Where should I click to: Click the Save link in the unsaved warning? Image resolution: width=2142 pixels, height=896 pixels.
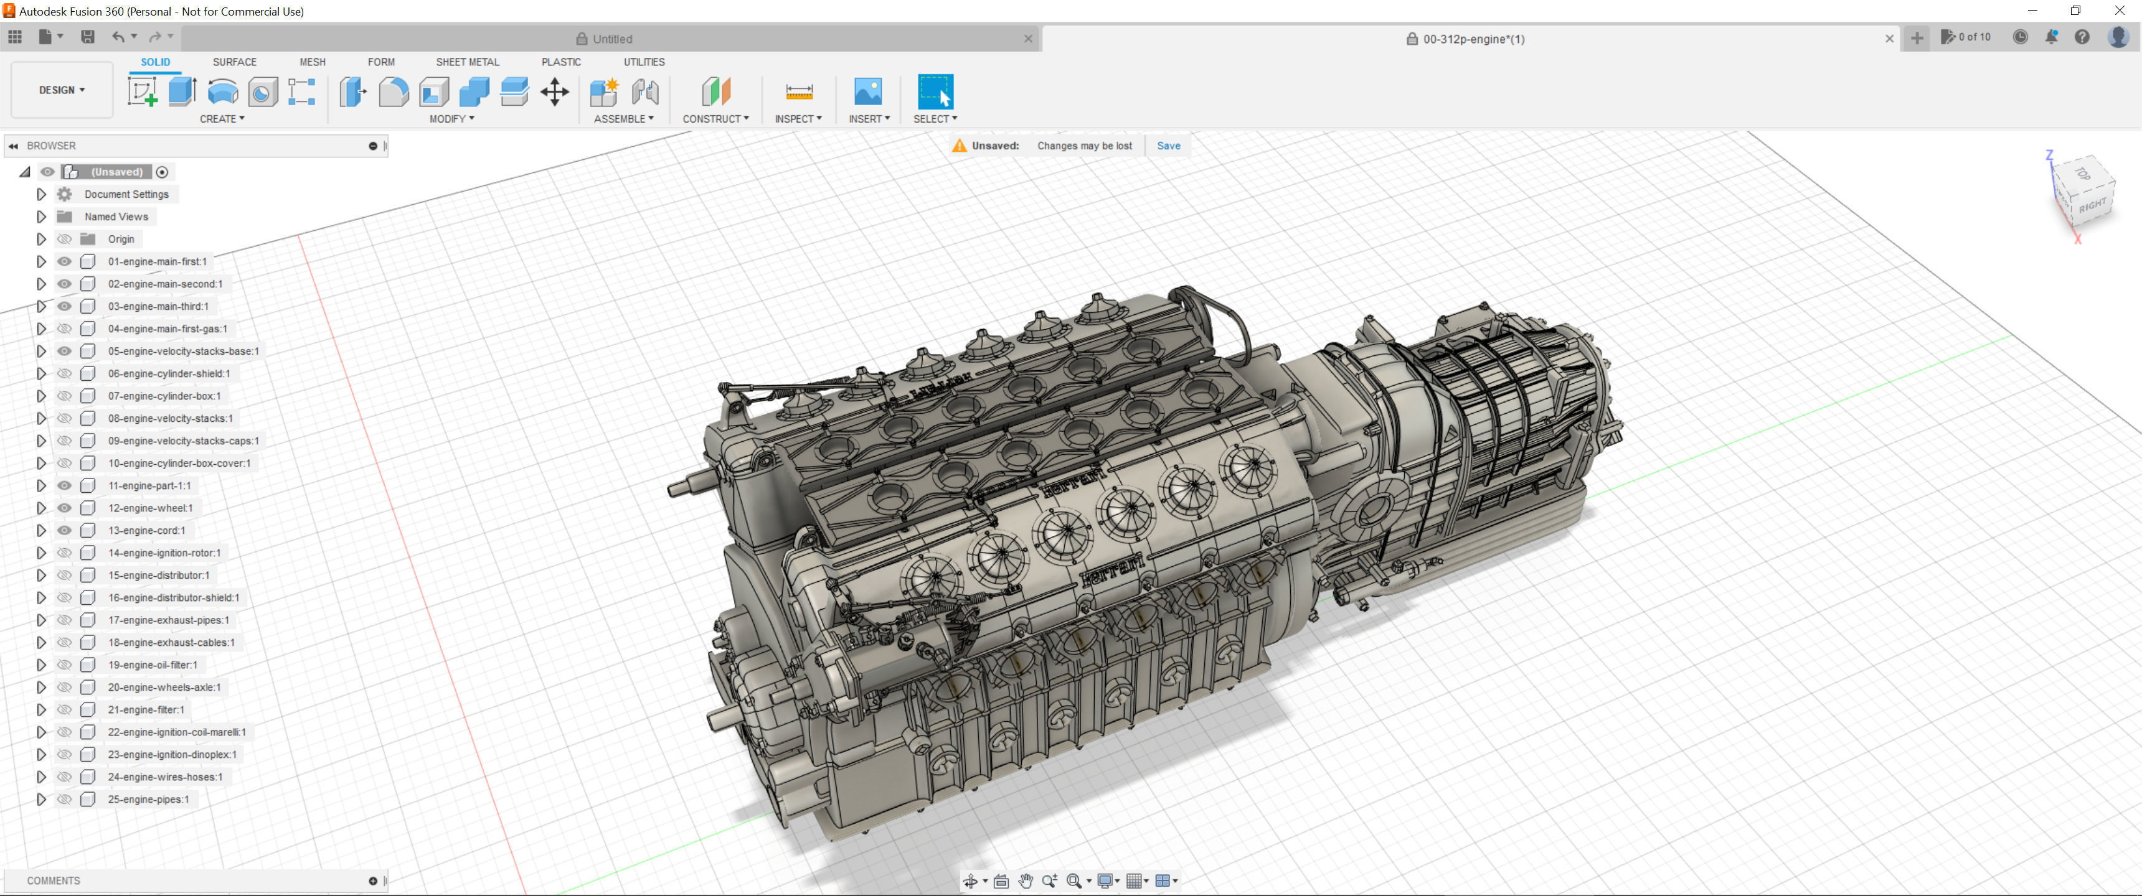[x=1168, y=146]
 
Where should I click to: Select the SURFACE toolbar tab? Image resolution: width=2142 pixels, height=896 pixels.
[x=235, y=62]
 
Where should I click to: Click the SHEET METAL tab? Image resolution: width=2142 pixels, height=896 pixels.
[x=467, y=62]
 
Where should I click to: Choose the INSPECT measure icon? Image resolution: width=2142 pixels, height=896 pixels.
[x=798, y=91]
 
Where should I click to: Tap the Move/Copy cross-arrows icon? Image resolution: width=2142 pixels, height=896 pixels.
[x=555, y=91]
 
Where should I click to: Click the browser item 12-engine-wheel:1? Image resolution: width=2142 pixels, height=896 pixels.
[x=151, y=508]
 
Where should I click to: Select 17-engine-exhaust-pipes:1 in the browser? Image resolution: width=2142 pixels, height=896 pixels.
[x=169, y=620]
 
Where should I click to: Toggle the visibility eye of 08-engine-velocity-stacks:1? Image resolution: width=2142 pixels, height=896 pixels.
[x=64, y=418]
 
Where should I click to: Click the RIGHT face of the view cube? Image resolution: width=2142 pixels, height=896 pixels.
[x=2092, y=205]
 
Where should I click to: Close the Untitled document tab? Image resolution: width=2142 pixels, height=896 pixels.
[x=1028, y=38]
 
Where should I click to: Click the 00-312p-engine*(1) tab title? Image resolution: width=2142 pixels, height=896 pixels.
[x=1473, y=39]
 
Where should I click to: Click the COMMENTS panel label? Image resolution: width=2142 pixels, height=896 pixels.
[x=53, y=880]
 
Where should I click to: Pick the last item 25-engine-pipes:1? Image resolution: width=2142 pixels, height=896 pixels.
[x=149, y=800]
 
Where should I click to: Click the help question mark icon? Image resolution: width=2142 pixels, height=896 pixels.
[x=2082, y=37]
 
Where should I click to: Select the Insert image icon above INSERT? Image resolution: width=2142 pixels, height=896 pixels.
[x=867, y=91]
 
